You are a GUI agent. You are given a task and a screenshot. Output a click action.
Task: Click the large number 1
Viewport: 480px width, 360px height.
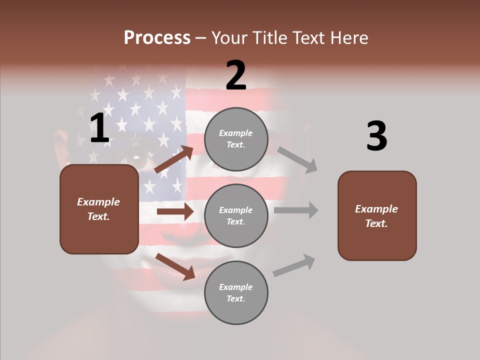pyautogui.click(x=99, y=128)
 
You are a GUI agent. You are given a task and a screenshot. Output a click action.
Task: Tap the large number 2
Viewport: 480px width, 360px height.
pyautogui.click(x=236, y=75)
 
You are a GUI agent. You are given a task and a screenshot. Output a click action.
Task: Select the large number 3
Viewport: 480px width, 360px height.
pyautogui.click(x=376, y=136)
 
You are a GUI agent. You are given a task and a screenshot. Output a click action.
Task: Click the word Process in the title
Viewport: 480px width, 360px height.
pyautogui.click(x=157, y=37)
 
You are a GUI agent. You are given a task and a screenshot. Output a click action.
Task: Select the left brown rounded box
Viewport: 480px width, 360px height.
pyautogui.click(x=99, y=209)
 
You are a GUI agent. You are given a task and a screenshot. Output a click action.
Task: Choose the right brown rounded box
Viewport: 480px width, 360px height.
pyautogui.click(x=377, y=215)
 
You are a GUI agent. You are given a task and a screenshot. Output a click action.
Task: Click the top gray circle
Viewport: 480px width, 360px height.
pyautogui.click(x=236, y=139)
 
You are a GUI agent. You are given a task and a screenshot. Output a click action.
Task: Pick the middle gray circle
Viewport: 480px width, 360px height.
pyautogui.click(x=236, y=215)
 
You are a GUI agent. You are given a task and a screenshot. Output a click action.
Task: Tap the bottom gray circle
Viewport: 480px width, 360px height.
pyautogui.click(x=236, y=292)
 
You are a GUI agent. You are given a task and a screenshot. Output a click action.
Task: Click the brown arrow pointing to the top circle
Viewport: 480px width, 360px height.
pyautogui.click(x=174, y=159)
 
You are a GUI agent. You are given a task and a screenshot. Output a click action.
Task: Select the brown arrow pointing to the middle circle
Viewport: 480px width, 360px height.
pyautogui.click(x=175, y=211)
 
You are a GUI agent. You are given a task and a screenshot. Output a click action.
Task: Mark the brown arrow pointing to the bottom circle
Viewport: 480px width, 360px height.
pyautogui.click(x=175, y=266)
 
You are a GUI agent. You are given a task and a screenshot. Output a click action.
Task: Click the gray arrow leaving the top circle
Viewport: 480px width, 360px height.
pyautogui.click(x=297, y=159)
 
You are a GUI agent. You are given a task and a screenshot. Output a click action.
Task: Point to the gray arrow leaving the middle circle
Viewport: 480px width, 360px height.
pyautogui.click(x=296, y=210)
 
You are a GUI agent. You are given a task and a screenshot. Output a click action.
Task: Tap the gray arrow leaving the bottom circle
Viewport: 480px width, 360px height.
pyautogui.click(x=294, y=265)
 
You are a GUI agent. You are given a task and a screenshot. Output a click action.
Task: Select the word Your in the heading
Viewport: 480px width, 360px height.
pyautogui.click(x=230, y=37)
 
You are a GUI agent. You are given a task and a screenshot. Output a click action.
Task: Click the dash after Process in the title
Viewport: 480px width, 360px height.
pyautogui.click(x=201, y=37)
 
